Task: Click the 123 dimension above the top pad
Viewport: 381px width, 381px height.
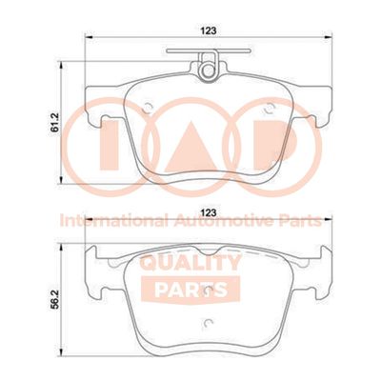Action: pos(209,30)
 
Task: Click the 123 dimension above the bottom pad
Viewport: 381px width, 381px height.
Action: pos(209,211)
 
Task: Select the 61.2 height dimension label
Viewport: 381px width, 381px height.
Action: pos(56,123)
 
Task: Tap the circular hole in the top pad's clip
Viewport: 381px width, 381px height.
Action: pos(209,70)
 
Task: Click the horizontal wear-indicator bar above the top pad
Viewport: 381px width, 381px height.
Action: pos(209,50)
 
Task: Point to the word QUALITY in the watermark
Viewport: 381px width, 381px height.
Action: pos(190,263)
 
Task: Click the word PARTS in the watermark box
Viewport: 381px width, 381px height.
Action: pos(190,290)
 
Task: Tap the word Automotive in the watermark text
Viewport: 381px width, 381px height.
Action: pos(224,221)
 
